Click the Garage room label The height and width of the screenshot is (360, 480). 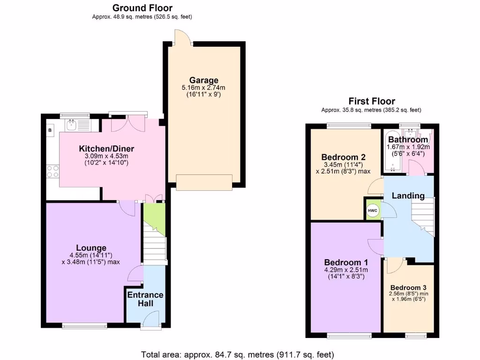tap(203, 80)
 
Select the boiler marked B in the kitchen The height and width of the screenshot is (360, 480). tap(49, 130)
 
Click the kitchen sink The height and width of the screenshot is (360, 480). tap(72, 125)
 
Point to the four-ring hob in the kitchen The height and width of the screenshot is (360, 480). tap(52, 171)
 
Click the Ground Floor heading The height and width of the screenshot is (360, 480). tap(142, 8)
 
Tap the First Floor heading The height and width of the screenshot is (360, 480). tap(371, 101)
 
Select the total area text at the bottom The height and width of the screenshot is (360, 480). tap(238, 354)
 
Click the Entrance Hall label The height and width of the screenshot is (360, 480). tap(145, 299)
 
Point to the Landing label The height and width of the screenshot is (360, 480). tap(408, 195)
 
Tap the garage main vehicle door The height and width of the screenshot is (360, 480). tap(204, 182)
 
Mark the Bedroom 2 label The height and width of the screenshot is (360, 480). tap(343, 157)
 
